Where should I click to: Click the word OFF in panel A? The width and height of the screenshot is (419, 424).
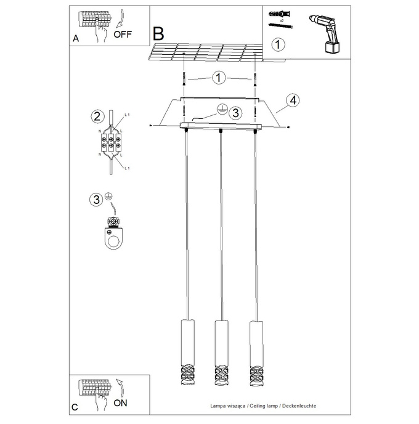tap(123, 34)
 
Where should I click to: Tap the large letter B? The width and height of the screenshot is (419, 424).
tap(159, 33)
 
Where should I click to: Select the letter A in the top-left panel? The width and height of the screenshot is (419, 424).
tap(76, 38)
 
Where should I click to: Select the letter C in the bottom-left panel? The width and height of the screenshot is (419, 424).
tap(75, 407)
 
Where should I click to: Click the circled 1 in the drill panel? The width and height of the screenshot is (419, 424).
tap(279, 45)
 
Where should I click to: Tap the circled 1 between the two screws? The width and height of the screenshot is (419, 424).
tap(219, 78)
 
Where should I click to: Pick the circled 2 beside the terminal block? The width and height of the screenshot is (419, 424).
tap(96, 116)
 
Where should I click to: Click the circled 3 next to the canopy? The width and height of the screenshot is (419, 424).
tap(235, 113)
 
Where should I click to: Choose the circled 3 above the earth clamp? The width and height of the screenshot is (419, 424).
tap(96, 199)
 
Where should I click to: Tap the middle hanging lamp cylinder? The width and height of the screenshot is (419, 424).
tap(219, 351)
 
